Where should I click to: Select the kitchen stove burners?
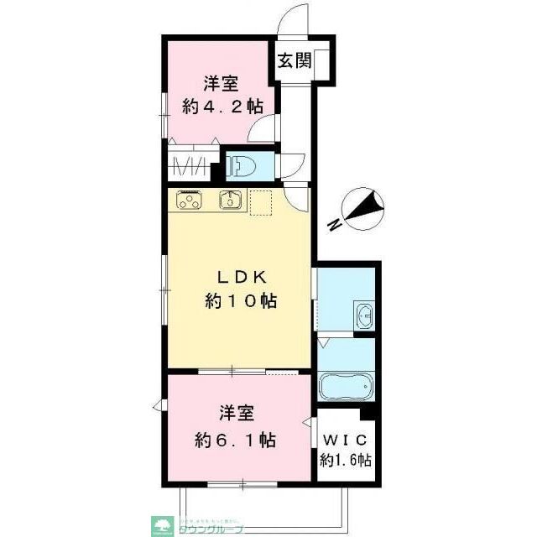pos(190,201)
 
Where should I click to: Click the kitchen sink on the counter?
pos(229,200)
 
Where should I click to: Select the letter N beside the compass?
pos(334,225)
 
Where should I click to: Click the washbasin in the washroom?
pos(366,317)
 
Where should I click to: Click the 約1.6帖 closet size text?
pos(346,460)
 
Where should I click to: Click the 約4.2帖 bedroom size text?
pos(222,107)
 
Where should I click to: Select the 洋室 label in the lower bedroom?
pos(237,414)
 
